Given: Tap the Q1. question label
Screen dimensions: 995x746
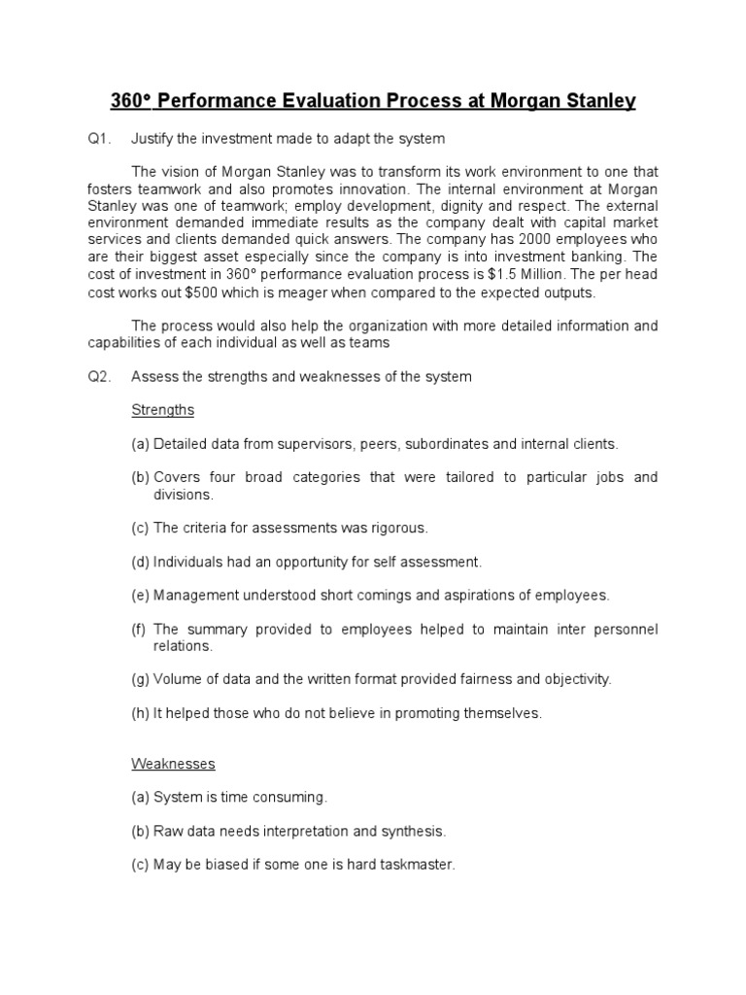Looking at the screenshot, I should (99, 139).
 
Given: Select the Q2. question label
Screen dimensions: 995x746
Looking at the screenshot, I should (99, 376).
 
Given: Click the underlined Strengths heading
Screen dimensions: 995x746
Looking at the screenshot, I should (162, 410).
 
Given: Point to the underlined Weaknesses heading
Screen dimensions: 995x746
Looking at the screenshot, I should (173, 764).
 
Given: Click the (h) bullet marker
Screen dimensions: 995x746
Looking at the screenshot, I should (141, 713).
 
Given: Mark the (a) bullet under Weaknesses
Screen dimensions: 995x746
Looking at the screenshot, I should (141, 797).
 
